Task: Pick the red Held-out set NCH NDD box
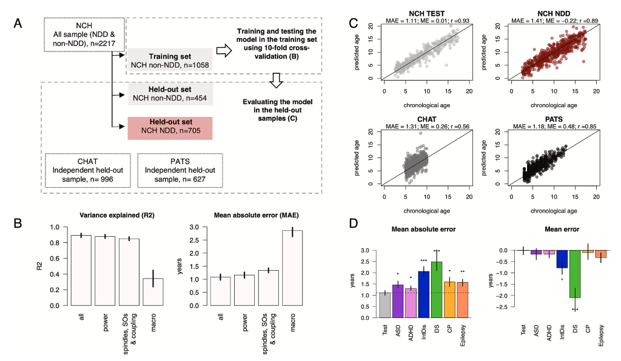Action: tap(170, 129)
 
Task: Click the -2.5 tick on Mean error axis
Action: tap(502, 306)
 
